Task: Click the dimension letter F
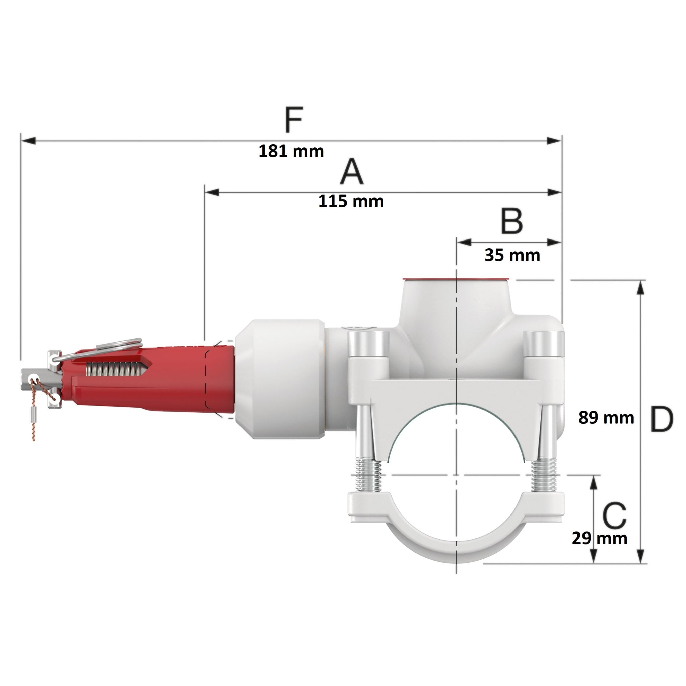(294, 119)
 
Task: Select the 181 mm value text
(291, 152)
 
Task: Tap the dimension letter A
(351, 172)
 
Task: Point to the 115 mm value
(350, 202)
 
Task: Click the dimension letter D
(661, 420)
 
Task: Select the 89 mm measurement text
(606, 418)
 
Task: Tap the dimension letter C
(614, 516)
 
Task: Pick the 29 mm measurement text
(599, 538)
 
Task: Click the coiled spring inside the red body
(116, 369)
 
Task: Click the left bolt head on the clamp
(368, 343)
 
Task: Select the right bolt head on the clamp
(544, 343)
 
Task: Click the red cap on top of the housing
(456, 279)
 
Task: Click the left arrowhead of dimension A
(212, 193)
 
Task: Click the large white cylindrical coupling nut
(280, 379)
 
